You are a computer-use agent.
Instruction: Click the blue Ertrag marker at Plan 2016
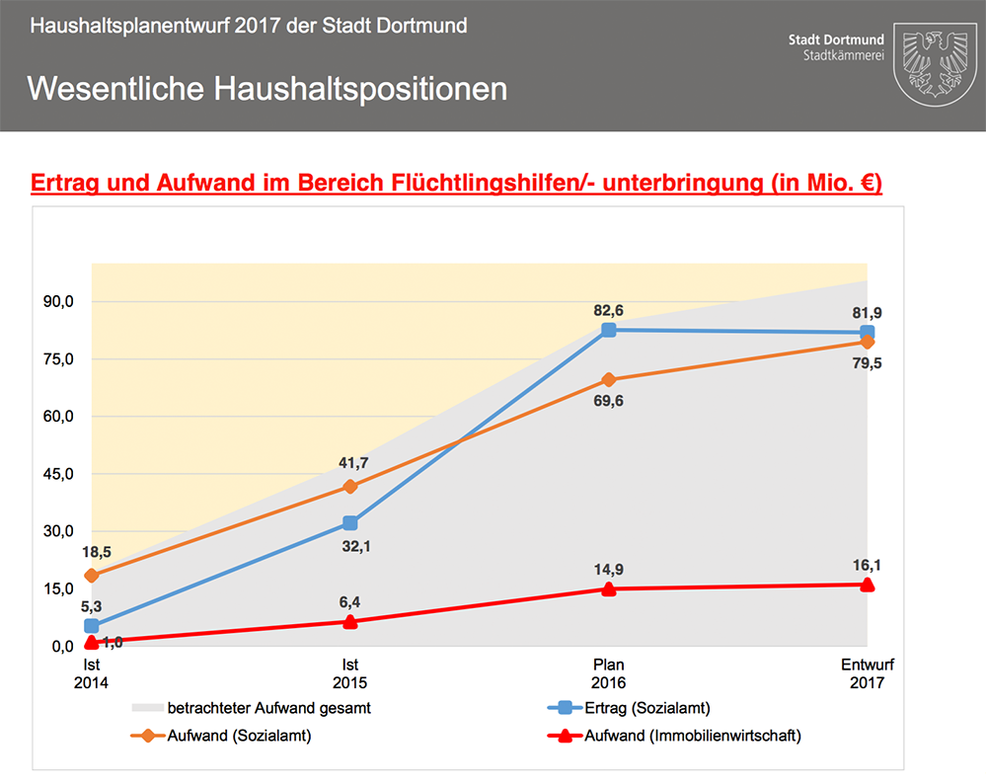point(609,330)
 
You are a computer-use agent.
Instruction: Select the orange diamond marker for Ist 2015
point(349,486)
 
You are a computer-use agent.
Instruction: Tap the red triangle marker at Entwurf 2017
point(867,584)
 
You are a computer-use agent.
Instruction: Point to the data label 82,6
point(609,310)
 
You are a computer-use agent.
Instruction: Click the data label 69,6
point(609,401)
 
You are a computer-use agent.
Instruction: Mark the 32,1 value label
point(349,545)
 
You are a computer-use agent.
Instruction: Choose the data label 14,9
point(609,569)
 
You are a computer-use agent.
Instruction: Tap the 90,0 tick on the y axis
point(55,302)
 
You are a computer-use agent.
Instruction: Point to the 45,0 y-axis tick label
point(55,474)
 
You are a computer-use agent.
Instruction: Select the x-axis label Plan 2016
point(609,673)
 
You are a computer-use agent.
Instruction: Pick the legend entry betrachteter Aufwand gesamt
point(268,708)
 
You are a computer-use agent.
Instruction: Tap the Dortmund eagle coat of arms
point(932,65)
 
